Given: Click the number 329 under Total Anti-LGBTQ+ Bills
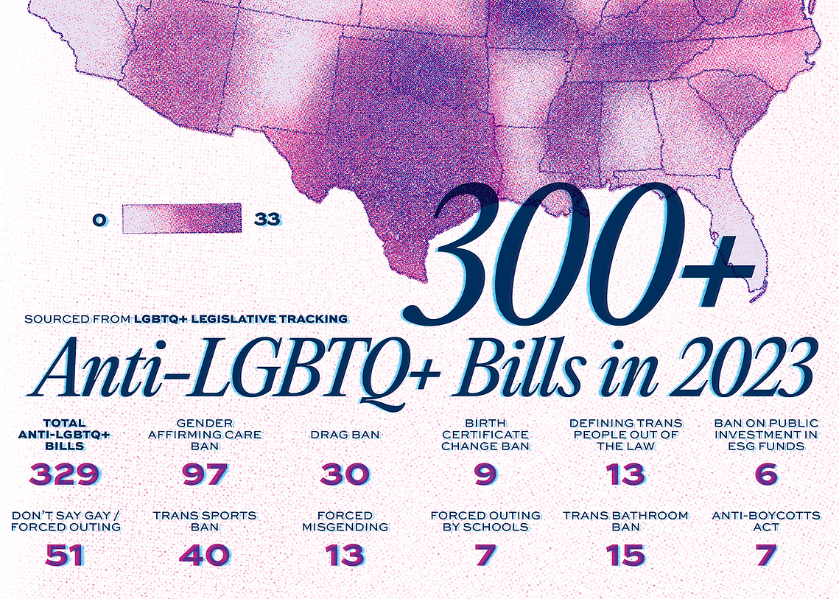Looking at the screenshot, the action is tap(65, 474).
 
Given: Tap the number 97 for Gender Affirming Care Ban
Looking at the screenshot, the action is tap(205, 474).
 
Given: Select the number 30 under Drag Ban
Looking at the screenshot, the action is tap(345, 474).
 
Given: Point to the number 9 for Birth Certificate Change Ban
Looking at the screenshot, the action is tap(485, 474).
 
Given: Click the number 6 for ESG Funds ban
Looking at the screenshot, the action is tap(766, 474).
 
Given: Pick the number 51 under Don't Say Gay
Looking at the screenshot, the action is tap(65, 555).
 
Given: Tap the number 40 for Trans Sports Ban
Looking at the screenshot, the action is tap(205, 555).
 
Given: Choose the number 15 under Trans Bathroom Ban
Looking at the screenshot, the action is tap(625, 555).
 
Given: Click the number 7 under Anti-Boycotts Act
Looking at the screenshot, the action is tap(766, 555).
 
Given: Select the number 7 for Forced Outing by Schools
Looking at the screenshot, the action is tap(485, 555).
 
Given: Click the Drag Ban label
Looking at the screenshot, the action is tap(345, 435).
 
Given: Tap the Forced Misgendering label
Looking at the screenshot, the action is tap(345, 522).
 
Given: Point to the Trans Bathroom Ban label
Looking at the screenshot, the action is tap(625, 522).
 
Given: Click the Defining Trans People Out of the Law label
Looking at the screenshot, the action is tap(625, 435).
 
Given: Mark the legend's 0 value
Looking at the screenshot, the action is tap(99, 220).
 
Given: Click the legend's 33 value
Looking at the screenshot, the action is tap(267, 220).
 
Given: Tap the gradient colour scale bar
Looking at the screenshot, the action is tap(182, 218).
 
